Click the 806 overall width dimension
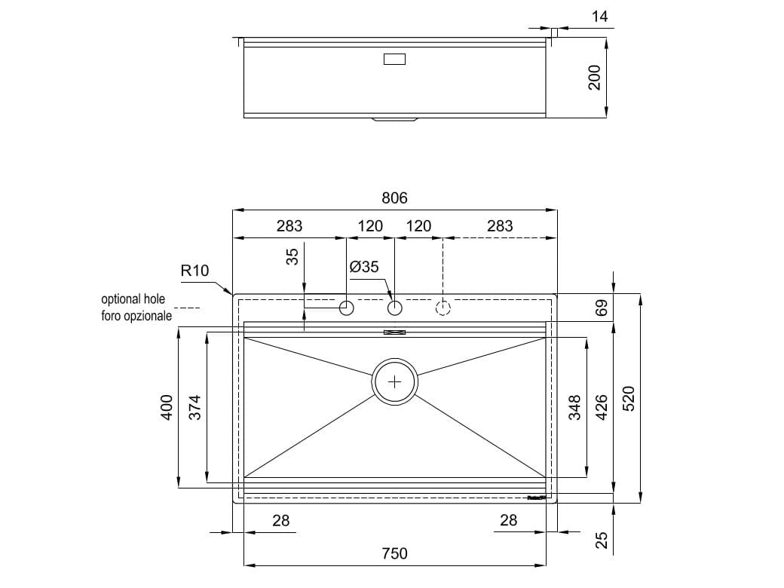click(x=394, y=198)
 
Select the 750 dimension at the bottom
click(x=394, y=553)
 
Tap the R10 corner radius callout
click(x=194, y=271)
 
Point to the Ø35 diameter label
click(x=364, y=266)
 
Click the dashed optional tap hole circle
click(x=443, y=308)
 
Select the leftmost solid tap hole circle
click(x=347, y=308)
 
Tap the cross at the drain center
click(x=395, y=382)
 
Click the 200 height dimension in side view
click(x=594, y=78)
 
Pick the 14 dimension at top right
click(x=599, y=16)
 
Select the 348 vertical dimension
click(x=574, y=408)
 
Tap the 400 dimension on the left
click(x=167, y=407)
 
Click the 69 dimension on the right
click(x=601, y=308)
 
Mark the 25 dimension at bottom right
click(x=601, y=540)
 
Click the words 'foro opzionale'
click(x=136, y=316)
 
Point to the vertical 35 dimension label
click(x=292, y=257)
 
